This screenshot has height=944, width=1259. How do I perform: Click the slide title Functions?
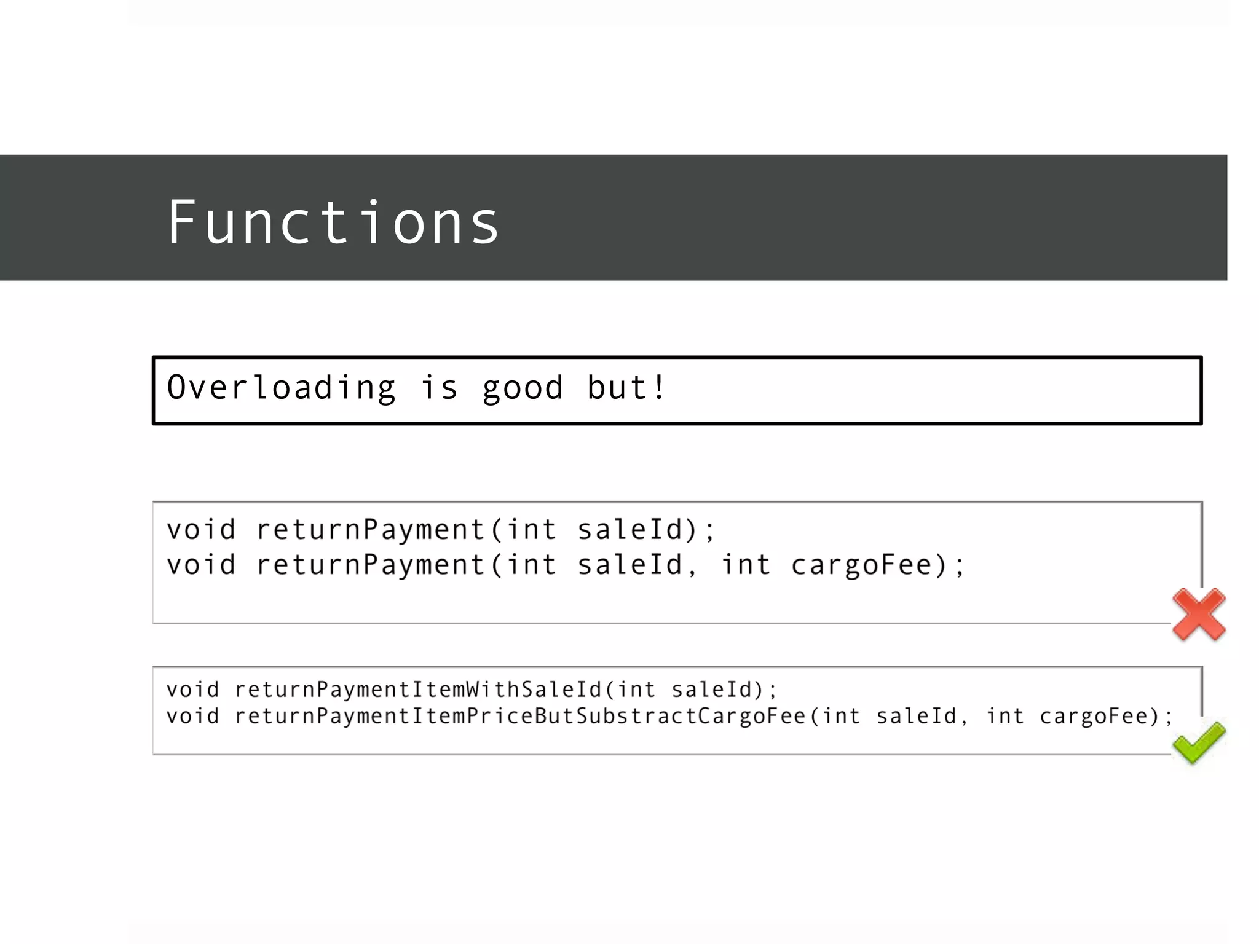(333, 222)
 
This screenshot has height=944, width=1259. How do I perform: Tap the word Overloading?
(282, 388)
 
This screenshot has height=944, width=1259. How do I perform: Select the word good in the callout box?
(523, 388)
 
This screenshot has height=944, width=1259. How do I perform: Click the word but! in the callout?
(626, 388)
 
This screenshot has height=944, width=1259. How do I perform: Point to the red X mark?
(1198, 614)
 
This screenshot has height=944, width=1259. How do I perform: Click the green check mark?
(1198, 742)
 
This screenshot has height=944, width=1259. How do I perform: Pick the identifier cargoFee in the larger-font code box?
(861, 565)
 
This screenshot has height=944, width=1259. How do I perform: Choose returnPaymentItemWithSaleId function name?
(418, 690)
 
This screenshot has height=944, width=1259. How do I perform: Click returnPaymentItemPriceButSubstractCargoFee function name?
(520, 716)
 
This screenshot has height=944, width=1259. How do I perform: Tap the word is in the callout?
(440, 388)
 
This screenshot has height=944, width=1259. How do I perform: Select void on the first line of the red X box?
(201, 530)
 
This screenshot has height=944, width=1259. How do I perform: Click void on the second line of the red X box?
(201, 565)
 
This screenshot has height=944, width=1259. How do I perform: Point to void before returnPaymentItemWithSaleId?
(192, 690)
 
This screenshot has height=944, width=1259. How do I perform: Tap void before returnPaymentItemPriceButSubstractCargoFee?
(192, 716)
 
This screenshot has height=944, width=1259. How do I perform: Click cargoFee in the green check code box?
(1093, 716)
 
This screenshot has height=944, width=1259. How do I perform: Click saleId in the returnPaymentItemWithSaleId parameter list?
(712, 690)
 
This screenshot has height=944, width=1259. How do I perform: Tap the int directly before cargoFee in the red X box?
(746, 565)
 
